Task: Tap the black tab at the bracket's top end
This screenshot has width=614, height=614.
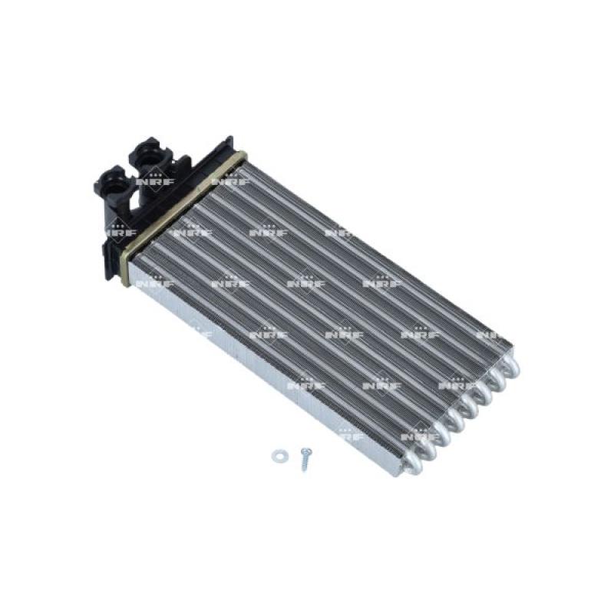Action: [x=226, y=142]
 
